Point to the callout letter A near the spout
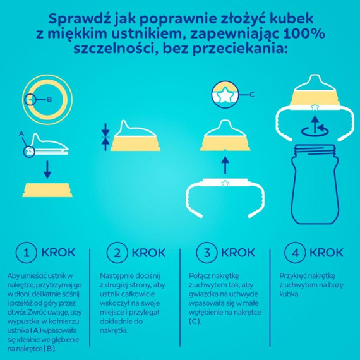pos(21,133)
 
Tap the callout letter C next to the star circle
pos(251,95)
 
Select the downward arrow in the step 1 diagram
pos(45,170)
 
